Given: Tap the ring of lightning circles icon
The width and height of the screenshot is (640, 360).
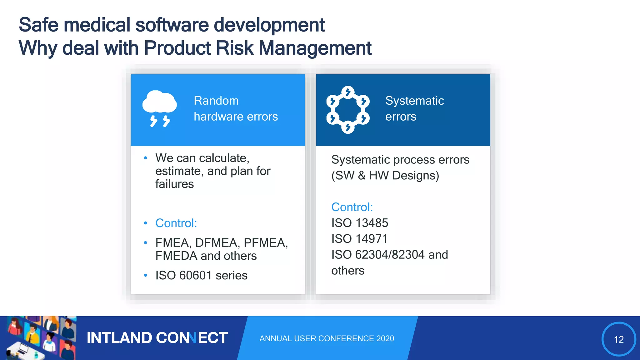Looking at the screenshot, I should (x=348, y=110).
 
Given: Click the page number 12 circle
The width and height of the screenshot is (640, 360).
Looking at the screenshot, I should (x=618, y=339).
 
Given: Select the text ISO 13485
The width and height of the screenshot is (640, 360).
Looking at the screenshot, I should (x=359, y=223).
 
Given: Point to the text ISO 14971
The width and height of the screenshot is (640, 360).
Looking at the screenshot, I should (x=359, y=239).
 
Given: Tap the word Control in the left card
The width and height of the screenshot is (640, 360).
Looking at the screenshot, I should (x=176, y=223).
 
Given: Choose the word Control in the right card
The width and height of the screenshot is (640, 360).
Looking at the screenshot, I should (x=352, y=207).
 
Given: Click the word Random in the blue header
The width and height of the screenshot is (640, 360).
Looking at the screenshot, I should (x=216, y=101).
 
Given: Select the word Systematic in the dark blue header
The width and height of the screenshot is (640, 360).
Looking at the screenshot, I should (x=414, y=101).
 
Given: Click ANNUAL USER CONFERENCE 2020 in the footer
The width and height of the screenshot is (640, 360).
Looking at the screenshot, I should (x=327, y=338).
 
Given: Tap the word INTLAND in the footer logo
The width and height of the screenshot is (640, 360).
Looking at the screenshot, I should (x=119, y=338).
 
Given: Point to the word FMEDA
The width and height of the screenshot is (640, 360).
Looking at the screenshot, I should (x=176, y=256).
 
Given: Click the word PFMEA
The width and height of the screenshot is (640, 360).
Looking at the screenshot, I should (x=265, y=243).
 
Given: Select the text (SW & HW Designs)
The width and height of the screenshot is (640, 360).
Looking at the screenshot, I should (x=385, y=176).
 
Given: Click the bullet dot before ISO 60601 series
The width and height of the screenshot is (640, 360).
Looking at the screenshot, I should (x=145, y=275).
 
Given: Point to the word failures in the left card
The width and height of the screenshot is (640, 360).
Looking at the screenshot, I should (x=174, y=184).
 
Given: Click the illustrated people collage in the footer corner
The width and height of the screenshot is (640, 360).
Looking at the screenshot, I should (x=39, y=338).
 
